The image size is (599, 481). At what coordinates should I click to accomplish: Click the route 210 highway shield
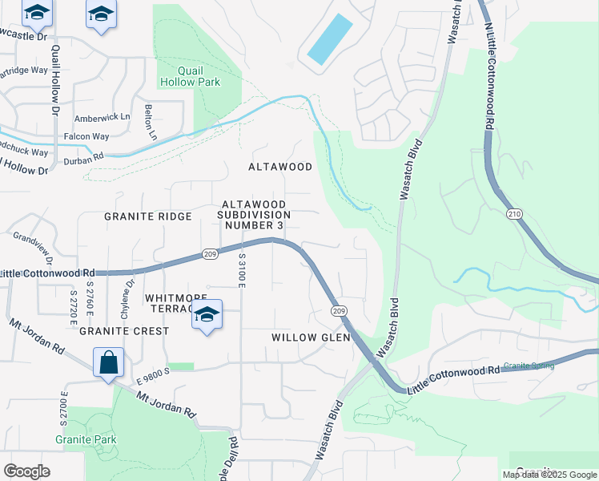(x=513, y=214)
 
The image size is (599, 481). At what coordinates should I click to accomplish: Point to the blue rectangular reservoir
(x=329, y=40)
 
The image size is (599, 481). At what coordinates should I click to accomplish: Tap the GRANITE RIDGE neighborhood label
(x=148, y=216)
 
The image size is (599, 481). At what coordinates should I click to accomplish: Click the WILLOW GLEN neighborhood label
(x=311, y=338)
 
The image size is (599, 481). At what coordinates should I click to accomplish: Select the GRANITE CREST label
(x=124, y=330)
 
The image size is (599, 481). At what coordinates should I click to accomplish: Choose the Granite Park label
(x=86, y=439)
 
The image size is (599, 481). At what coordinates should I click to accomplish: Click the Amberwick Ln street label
(x=102, y=117)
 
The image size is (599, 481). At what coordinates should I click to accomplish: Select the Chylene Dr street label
(x=127, y=295)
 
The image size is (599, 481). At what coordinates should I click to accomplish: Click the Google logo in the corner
(x=26, y=471)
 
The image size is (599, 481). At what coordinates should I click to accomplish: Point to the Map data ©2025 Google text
(x=549, y=475)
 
